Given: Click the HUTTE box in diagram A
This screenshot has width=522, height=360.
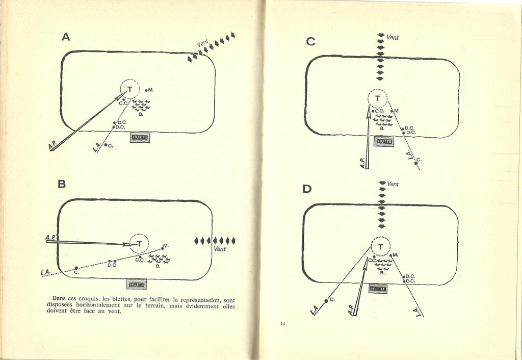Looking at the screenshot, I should (140, 137).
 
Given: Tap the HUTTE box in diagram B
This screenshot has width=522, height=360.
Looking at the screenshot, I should (136, 284).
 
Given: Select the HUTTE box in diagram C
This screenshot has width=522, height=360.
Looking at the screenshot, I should (383, 142).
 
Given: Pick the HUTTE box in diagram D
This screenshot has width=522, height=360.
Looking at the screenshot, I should (378, 289).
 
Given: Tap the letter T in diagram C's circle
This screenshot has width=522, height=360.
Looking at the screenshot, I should (378, 99).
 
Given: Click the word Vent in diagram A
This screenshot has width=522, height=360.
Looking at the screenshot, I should (203, 44).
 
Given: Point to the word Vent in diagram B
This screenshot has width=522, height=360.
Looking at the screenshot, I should (220, 249).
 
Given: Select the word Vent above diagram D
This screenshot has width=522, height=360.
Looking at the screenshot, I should (393, 184).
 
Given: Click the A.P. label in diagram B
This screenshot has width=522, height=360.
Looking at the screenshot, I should (51, 238).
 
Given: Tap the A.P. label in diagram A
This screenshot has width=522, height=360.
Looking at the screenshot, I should (53, 146).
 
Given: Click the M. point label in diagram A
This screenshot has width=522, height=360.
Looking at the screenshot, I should (151, 90).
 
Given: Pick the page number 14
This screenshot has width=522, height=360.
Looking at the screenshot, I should (282, 323).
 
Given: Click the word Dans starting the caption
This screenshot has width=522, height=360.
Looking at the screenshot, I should (60, 298).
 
